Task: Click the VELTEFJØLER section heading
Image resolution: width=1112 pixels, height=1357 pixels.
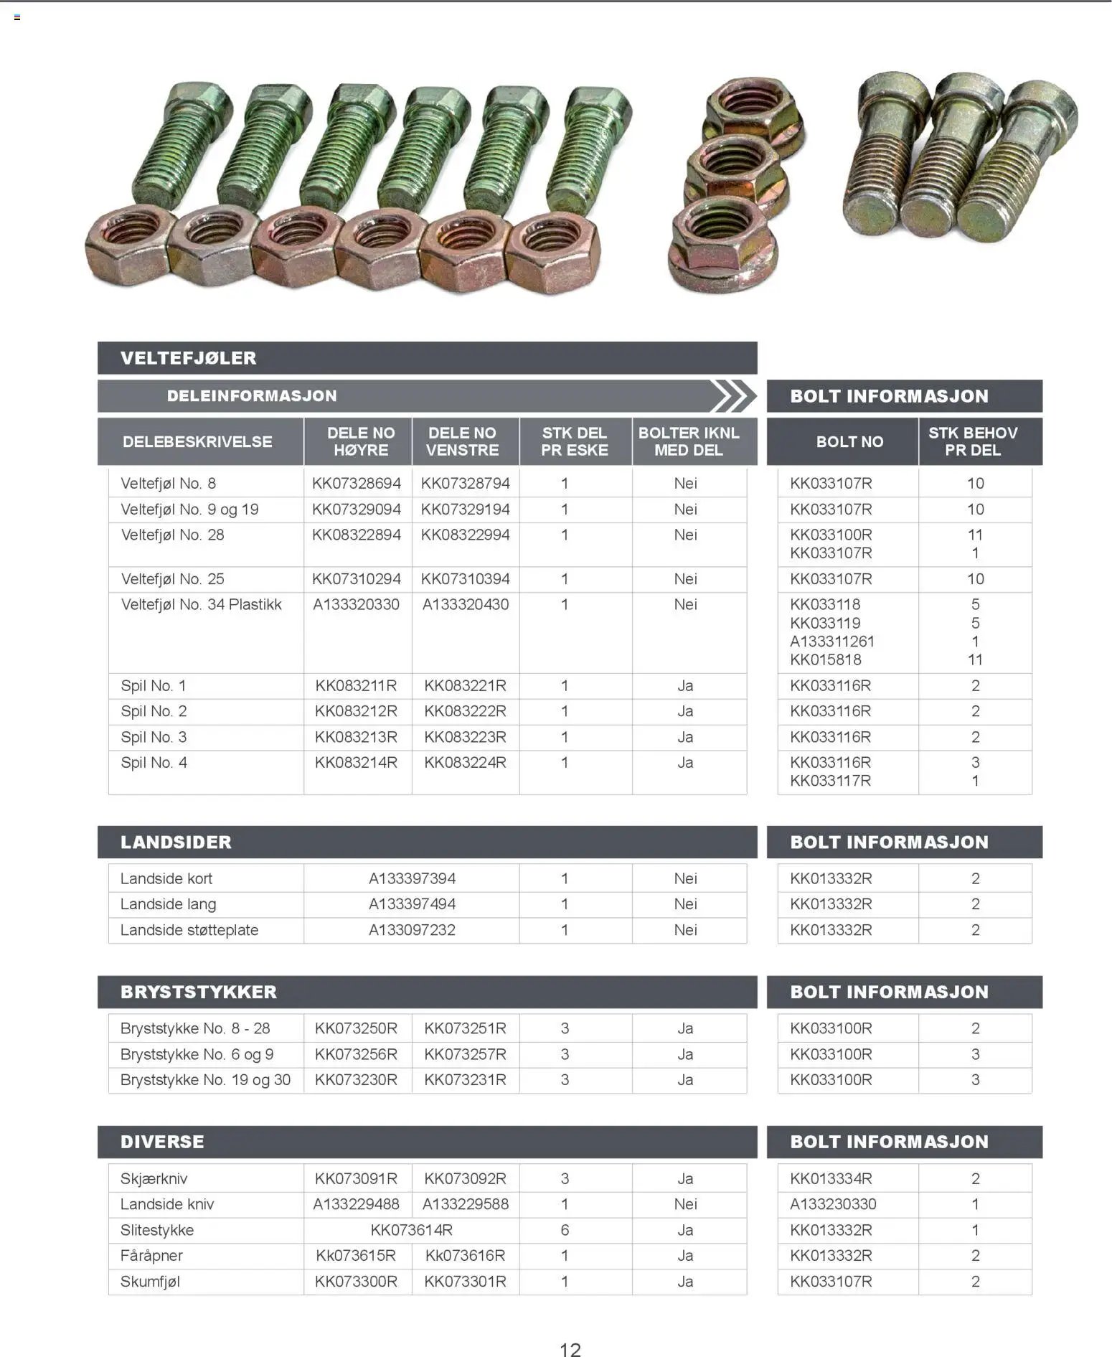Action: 188,357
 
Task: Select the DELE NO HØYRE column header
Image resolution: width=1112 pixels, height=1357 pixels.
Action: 360,441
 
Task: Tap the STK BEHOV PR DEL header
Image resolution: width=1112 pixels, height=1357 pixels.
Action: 972,441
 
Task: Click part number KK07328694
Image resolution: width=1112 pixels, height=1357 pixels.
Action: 356,483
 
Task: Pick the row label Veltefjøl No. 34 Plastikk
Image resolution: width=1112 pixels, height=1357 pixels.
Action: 201,604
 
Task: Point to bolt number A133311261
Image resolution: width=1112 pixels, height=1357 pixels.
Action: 831,641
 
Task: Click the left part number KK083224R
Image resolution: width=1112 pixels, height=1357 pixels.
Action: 465,762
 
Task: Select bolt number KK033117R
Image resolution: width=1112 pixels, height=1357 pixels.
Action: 830,780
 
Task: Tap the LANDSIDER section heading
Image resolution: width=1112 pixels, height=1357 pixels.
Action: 176,842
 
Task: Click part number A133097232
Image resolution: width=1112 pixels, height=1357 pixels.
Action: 412,929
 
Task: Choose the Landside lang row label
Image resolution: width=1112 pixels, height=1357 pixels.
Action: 168,903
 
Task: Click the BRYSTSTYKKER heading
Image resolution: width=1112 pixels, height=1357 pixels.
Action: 198,992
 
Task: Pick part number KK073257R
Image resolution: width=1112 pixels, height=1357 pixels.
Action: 465,1053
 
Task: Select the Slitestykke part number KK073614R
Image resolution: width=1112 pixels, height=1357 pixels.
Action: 411,1229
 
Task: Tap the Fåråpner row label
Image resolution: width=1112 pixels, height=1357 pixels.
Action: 151,1255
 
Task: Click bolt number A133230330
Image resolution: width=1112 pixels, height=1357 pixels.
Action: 833,1203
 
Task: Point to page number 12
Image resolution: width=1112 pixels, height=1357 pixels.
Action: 570,1349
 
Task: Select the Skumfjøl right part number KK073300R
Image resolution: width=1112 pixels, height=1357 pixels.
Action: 356,1281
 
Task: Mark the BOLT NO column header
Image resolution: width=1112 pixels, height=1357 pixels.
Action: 849,441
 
